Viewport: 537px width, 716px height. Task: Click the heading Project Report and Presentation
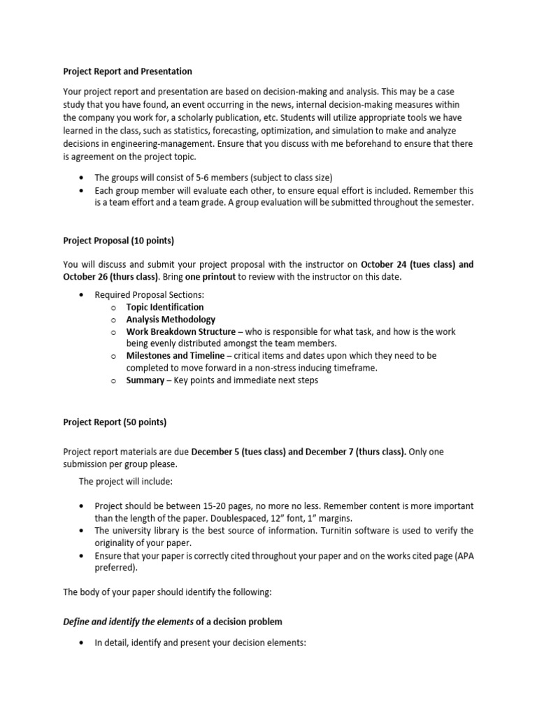point(127,71)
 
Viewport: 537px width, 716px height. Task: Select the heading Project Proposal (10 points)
point(118,241)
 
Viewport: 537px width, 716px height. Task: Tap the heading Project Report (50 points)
point(115,422)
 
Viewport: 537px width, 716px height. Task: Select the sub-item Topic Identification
point(165,307)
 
